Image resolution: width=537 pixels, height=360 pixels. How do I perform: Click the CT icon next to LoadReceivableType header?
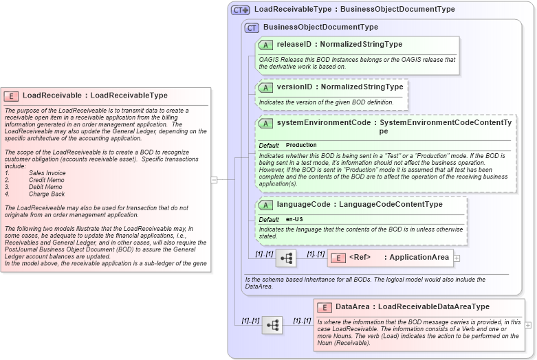pyautogui.click(x=240, y=10)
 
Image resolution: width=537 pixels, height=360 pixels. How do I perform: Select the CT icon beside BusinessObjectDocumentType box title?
pyautogui.click(x=252, y=27)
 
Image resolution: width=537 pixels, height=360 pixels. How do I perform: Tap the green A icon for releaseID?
pyautogui.click(x=265, y=45)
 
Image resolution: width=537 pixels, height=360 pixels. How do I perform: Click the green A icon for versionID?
pyautogui.click(x=265, y=87)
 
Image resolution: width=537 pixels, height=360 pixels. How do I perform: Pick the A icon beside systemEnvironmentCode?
pyautogui.click(x=265, y=123)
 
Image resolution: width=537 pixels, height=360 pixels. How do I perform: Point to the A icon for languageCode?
pyautogui.click(x=265, y=205)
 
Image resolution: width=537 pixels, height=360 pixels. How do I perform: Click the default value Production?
pyautogui.click(x=301, y=146)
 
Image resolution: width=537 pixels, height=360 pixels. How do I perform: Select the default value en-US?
pyautogui.click(x=294, y=219)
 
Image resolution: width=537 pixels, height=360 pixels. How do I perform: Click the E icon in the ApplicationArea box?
pyautogui.click(x=338, y=258)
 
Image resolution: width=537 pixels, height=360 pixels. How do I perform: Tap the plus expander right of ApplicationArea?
pyautogui.click(x=457, y=258)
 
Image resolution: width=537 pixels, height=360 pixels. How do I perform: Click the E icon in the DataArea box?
pyautogui.click(x=325, y=307)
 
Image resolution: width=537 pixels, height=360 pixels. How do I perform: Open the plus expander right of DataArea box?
pyautogui.click(x=528, y=324)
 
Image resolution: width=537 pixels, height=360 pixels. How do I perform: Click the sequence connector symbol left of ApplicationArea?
pyautogui.click(x=285, y=258)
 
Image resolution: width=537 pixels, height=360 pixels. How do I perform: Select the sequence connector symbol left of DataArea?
pyautogui.click(x=272, y=325)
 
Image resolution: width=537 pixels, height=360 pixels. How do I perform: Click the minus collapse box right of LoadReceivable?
pyautogui.click(x=214, y=180)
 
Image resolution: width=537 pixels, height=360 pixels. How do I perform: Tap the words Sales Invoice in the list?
pyautogui.click(x=47, y=173)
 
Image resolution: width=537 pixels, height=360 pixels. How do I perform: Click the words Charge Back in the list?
pyautogui.click(x=47, y=194)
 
